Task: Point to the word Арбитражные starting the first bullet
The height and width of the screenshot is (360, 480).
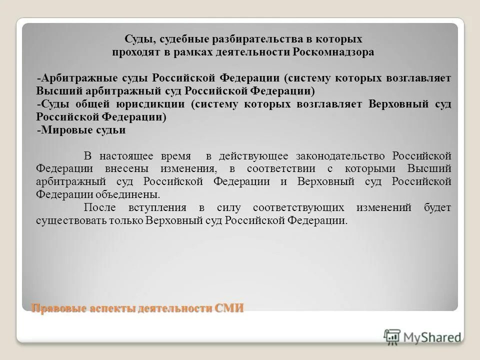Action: [79, 78]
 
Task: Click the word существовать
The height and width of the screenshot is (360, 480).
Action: [65, 220]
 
